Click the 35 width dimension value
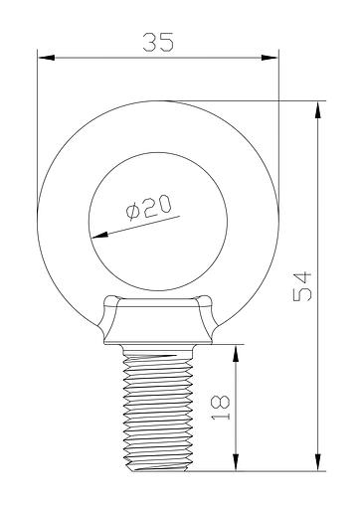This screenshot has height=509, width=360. click(x=156, y=43)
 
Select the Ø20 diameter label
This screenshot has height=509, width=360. click(x=149, y=208)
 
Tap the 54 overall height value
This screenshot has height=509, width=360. click(x=303, y=285)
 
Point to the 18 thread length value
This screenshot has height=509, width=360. click(x=221, y=409)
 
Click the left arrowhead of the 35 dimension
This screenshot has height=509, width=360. click(x=43, y=58)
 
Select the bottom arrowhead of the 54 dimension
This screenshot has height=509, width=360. click(x=316, y=463)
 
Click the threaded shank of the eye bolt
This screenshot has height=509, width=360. click(x=156, y=408)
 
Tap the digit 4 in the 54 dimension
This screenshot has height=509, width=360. click(x=303, y=274)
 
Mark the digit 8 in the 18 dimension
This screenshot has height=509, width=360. click(x=221, y=401)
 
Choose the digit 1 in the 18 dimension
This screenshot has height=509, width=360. click(x=221, y=418)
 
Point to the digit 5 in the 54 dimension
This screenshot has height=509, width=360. click(x=303, y=296)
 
